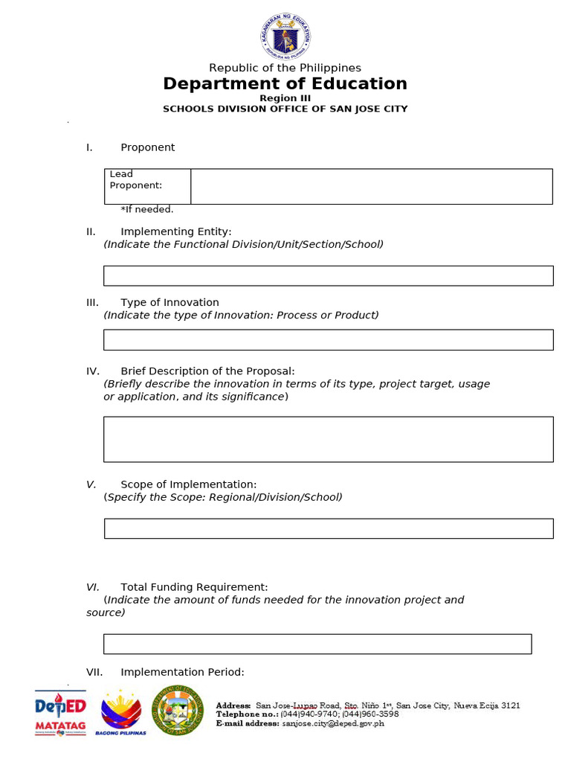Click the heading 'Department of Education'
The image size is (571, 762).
[x=285, y=84]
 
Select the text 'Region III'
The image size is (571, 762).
[x=285, y=98]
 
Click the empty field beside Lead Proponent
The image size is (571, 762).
[x=371, y=186]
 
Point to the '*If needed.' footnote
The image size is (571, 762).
[x=147, y=210]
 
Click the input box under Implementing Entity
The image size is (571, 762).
[x=328, y=275]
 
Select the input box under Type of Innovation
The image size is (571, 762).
[x=328, y=340]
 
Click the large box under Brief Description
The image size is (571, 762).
[x=328, y=439]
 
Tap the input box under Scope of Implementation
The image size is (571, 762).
[x=328, y=528]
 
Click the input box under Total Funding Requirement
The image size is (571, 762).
[x=317, y=644]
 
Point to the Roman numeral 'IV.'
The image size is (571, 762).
[x=93, y=371]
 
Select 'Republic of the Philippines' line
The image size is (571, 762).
[x=285, y=68]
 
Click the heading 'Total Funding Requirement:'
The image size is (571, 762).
[x=194, y=587]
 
